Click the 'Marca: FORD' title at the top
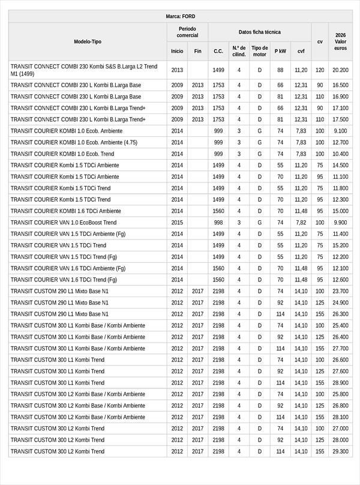tap(180, 16)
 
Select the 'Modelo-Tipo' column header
tap(88, 41)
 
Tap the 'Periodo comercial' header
tap(187, 32)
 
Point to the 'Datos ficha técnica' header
tap(259, 32)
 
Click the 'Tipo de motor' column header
tap(260, 51)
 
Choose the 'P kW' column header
tap(280, 51)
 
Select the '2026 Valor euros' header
tap(341, 41)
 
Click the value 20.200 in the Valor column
tap(341, 70)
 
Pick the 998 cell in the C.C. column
tap(218, 223)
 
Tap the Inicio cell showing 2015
tap(177, 223)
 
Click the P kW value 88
tap(280, 70)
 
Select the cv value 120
tap(320, 70)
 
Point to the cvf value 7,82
tap(301, 223)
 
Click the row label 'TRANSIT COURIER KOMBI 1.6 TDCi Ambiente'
tap(66, 211)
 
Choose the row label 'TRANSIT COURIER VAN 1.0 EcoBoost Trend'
tap(64, 223)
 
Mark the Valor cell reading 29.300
tap(341, 451)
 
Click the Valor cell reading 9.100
tap(341, 131)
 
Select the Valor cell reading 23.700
tap(341, 291)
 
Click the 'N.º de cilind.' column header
tap(239, 51)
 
